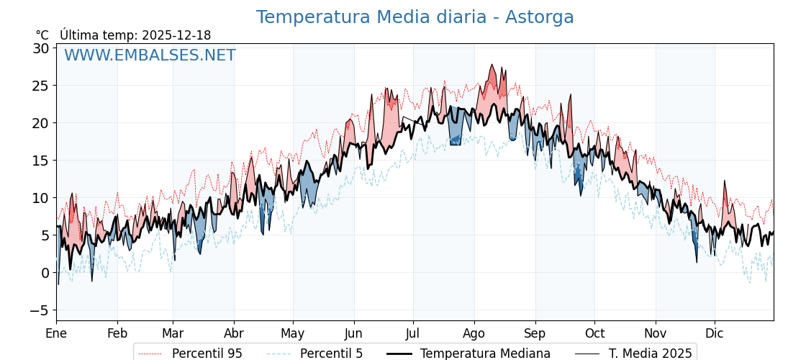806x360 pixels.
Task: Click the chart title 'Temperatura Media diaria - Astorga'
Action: (x=415, y=17)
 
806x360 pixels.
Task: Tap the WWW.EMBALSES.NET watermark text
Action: (x=150, y=55)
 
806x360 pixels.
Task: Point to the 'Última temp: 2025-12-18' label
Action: (x=135, y=35)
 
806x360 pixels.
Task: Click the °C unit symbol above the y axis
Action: (x=42, y=35)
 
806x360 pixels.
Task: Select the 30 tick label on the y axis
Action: (x=40, y=48)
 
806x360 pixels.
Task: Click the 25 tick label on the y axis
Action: (x=40, y=86)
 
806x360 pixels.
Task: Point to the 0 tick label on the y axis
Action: (x=45, y=273)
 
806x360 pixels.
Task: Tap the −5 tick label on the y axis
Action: (x=40, y=310)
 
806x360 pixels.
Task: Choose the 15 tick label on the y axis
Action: (x=40, y=161)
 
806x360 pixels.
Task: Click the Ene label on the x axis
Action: (x=56, y=333)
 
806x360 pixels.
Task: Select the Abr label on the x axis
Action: (x=234, y=333)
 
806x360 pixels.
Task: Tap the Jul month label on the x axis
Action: (x=413, y=333)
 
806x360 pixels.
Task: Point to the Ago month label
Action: (x=474, y=333)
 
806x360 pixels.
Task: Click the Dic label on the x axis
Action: (x=715, y=333)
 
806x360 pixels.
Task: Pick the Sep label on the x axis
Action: (x=535, y=333)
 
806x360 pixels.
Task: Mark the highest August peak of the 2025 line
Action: (x=493, y=65)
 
